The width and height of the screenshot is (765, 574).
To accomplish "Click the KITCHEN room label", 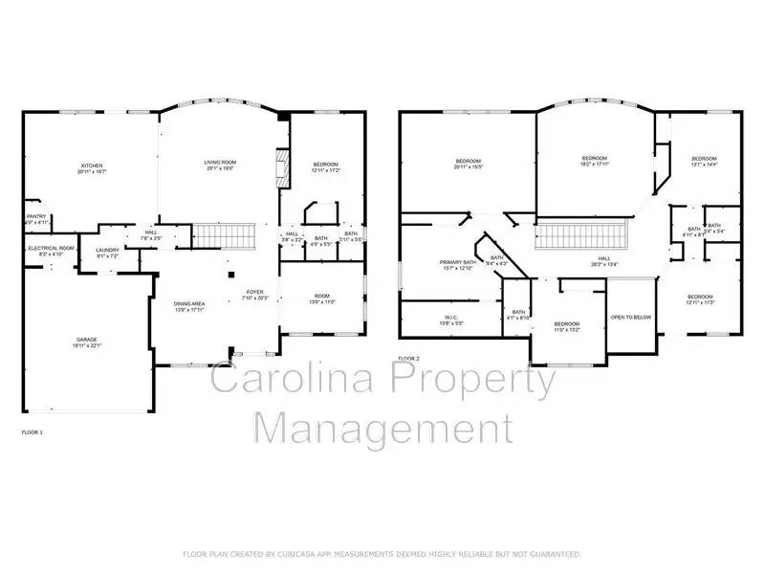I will point(91,166).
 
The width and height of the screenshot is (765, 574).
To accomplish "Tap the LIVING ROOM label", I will point(220,163).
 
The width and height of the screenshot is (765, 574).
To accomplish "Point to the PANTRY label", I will point(35,216).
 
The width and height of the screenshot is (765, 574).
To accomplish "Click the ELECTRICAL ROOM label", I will point(43,248).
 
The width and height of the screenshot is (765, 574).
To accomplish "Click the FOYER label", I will point(254,294).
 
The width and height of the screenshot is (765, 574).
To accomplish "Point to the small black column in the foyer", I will point(231,275).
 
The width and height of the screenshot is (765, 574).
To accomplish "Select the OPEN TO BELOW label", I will point(631,317).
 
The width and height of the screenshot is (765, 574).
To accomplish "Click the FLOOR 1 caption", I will point(33,432).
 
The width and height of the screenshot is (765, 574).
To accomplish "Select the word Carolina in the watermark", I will point(295,380).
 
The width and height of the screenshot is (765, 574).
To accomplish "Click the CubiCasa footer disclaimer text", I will point(382,554).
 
